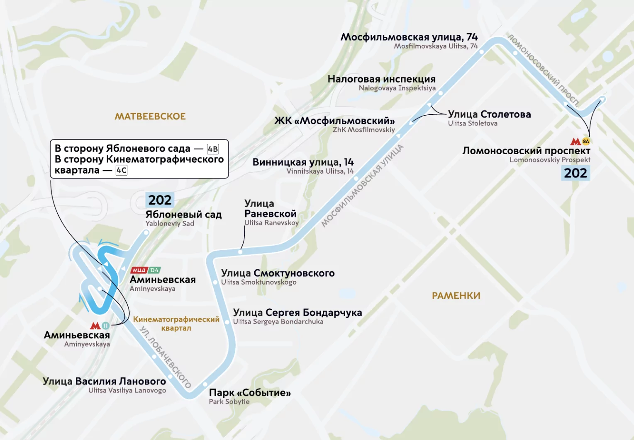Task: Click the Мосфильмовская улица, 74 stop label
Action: pos(409,37)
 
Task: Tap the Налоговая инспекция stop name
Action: pos(381,79)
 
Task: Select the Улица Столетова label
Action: pos(489,114)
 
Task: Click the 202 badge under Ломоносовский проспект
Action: pos(575,173)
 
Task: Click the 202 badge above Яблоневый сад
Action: pos(160,200)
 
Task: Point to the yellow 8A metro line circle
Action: pos(586,141)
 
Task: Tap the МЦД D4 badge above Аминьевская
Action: pos(145,270)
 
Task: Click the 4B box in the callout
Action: pos(213,149)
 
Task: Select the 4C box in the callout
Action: pos(122,170)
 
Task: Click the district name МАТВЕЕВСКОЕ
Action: pos(150,116)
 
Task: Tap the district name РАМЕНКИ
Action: pos(456,296)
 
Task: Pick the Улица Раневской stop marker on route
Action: pos(240,251)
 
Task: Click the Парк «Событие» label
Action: pos(249,392)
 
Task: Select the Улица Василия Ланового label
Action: pos(104,381)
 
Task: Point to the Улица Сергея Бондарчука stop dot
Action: pos(227,322)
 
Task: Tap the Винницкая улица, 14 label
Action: pos(303,162)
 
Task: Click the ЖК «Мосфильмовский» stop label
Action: pos(334,121)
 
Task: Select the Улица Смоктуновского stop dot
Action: pos(215,282)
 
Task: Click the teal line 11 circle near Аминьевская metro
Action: pos(105,326)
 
